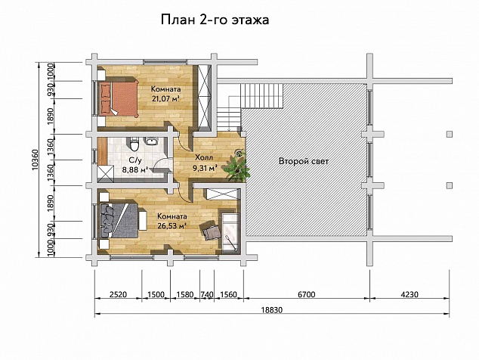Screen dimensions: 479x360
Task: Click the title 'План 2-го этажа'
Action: (x=215, y=20)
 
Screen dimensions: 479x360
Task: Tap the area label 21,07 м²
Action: (x=165, y=98)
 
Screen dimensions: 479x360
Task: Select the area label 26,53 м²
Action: (x=172, y=226)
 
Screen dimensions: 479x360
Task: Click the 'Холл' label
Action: (x=204, y=158)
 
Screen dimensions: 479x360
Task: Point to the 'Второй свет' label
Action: (x=304, y=161)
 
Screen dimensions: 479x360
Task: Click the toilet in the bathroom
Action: (x=134, y=144)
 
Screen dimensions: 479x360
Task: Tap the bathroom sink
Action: (x=151, y=141)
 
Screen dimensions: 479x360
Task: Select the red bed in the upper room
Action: (x=118, y=98)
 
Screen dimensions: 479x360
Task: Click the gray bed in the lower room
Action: (x=119, y=220)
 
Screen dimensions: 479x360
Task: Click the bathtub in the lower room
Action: (x=231, y=233)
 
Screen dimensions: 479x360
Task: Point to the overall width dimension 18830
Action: (x=272, y=310)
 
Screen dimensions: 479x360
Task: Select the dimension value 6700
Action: (x=307, y=294)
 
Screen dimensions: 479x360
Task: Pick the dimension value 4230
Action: (x=409, y=294)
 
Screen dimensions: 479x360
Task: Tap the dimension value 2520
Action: (x=118, y=294)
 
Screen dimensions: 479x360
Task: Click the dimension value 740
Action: (x=207, y=294)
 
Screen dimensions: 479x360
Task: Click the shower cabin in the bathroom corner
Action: (x=105, y=174)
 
